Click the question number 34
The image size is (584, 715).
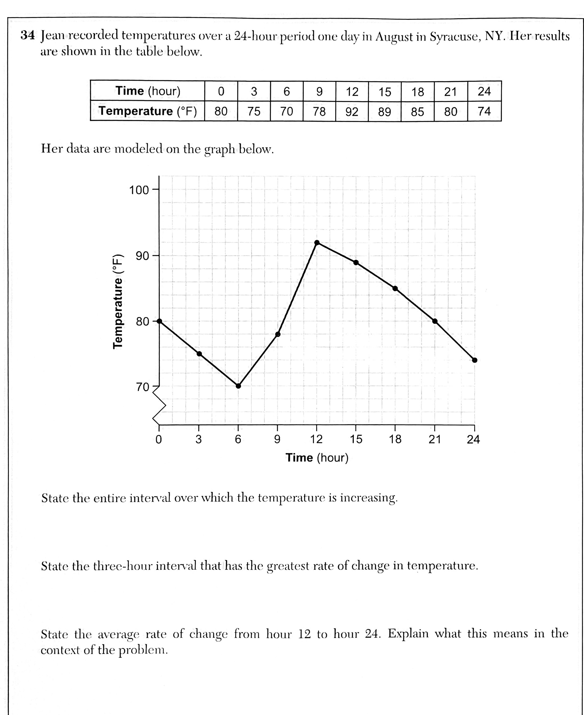pyautogui.click(x=27, y=35)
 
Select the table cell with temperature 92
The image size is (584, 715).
pyautogui.click(x=352, y=111)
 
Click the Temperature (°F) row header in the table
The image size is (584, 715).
pyautogui.click(x=147, y=111)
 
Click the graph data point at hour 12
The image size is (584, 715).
pyautogui.click(x=317, y=242)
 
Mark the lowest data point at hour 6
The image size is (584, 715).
pyautogui.click(x=238, y=386)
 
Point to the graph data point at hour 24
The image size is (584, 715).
pyautogui.click(x=474, y=360)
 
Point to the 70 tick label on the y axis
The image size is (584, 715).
pyautogui.click(x=142, y=387)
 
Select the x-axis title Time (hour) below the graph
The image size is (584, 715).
pyautogui.click(x=317, y=458)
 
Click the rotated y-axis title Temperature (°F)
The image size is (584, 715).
pyautogui.click(x=118, y=301)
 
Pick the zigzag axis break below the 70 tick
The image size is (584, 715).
pyautogui.click(x=159, y=406)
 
